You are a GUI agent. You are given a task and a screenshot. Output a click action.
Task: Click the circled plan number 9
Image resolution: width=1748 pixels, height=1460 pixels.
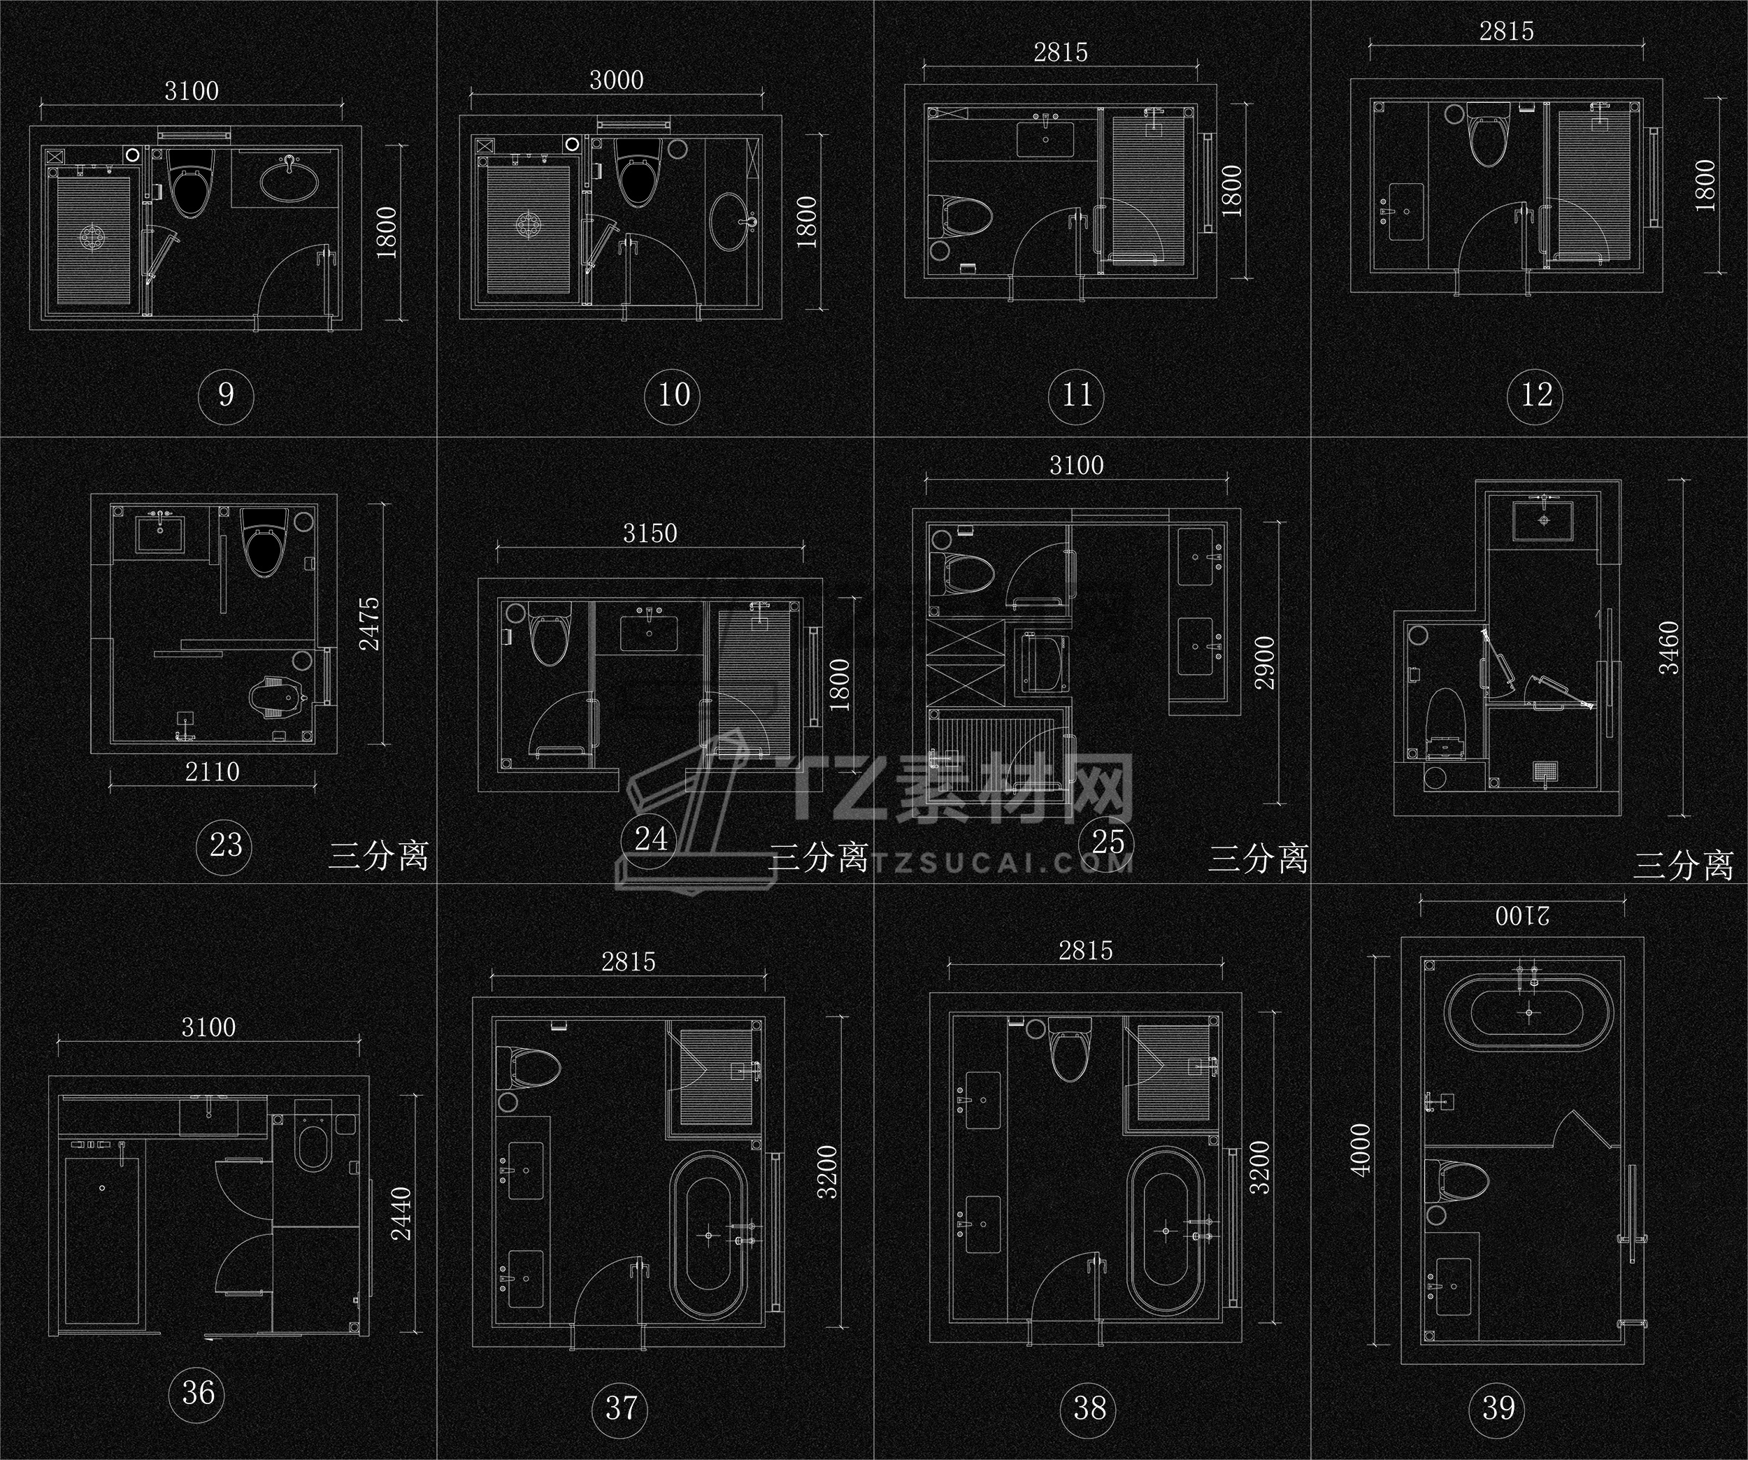coord(227,394)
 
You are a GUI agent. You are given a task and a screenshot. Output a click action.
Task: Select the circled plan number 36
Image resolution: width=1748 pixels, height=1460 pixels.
coord(198,1391)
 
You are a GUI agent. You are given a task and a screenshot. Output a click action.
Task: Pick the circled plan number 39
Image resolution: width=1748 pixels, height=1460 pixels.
coord(1498,1408)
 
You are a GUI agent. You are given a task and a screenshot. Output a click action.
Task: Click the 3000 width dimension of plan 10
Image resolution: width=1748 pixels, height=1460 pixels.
coord(616,80)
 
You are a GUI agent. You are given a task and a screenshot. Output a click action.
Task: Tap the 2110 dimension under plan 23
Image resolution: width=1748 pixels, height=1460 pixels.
coord(213,772)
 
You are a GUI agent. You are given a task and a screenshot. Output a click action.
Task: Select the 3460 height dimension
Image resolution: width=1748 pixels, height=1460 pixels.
coord(1669,648)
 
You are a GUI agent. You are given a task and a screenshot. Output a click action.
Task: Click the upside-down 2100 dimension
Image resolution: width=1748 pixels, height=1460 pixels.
coord(1521,917)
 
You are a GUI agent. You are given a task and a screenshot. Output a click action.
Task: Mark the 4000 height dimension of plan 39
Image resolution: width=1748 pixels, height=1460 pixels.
coord(1360,1150)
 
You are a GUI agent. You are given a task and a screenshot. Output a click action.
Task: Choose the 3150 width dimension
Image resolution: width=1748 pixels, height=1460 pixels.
coord(650,533)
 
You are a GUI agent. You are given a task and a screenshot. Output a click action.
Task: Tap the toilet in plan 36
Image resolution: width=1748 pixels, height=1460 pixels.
coord(315,1149)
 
